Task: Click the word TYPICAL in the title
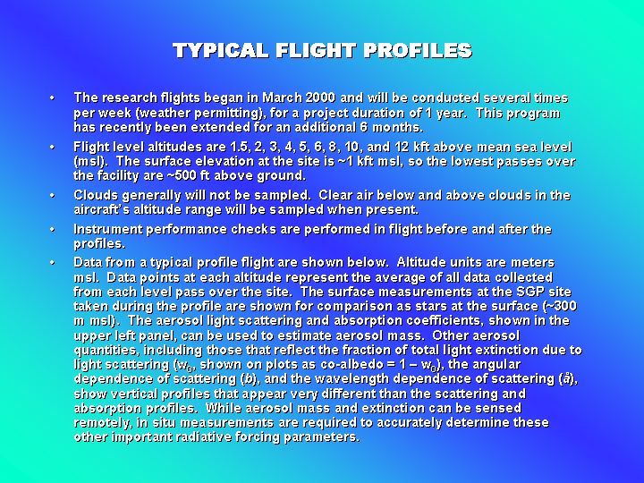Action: (x=221, y=50)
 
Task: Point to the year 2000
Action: (x=320, y=97)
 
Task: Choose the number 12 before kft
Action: (x=402, y=147)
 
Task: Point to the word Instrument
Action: (x=108, y=229)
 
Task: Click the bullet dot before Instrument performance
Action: (x=52, y=229)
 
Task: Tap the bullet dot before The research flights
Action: (x=52, y=97)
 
